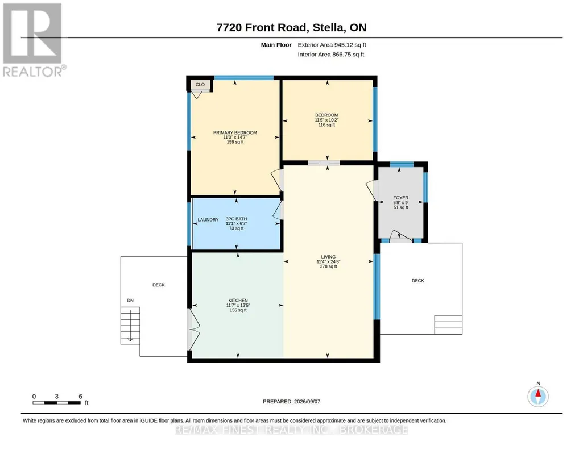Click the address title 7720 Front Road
pyautogui.click(x=262, y=27)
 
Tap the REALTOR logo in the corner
pyautogui.click(x=34, y=40)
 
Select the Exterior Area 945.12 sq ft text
pyautogui.click(x=332, y=45)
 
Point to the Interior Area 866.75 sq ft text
pyautogui.click(x=330, y=55)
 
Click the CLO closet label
pyautogui.click(x=200, y=85)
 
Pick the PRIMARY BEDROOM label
pyautogui.click(x=235, y=132)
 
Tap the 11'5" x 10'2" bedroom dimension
pyautogui.click(x=326, y=120)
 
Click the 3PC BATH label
pyautogui.click(x=236, y=219)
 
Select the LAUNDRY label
pyautogui.click(x=208, y=220)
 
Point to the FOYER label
pyautogui.click(x=401, y=198)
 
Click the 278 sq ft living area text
pyautogui.click(x=328, y=266)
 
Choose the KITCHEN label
pyautogui.click(x=238, y=301)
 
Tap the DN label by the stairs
pyautogui.click(x=130, y=301)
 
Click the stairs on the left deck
pyautogui.click(x=130, y=325)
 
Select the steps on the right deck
pyautogui.click(x=448, y=325)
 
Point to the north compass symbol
pyautogui.click(x=538, y=396)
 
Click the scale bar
pyautogui.click(x=56, y=403)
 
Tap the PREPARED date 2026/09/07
pyautogui.click(x=291, y=401)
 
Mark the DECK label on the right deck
pyautogui.click(x=417, y=281)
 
